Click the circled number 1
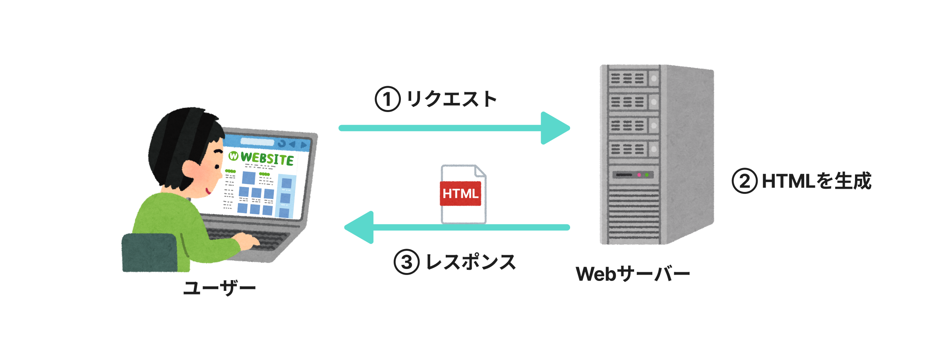tap(387, 99)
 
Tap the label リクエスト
tap(452, 99)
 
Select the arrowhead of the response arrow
tap(360, 227)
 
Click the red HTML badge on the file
tap(460, 194)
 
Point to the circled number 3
tap(406, 262)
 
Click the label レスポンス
tap(471, 262)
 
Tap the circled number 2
tap(744, 181)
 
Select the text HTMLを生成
tap(816, 181)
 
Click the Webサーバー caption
tap(633, 274)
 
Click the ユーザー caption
tap(219, 288)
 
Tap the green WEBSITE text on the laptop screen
tap(267, 159)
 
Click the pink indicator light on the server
tap(639, 175)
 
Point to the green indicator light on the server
tap(647, 175)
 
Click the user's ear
tap(190, 170)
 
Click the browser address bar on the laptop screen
tap(257, 142)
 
